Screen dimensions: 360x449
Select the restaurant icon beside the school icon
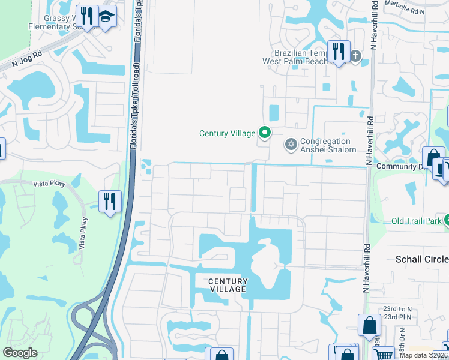pos(88,16)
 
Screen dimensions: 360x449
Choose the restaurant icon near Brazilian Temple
pos(339,51)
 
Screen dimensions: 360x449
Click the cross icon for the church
pos(355,56)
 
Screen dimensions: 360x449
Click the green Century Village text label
pos(227,133)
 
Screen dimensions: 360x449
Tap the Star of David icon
pos(291,144)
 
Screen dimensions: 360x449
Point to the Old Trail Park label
pos(417,221)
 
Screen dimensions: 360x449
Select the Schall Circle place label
pos(422,259)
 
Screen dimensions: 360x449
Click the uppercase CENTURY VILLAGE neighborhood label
pos(228,285)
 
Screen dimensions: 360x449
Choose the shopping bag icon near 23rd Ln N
pos(369,325)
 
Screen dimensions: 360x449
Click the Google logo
pos(20,353)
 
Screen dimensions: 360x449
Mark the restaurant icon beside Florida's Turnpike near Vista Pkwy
pos(110,200)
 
